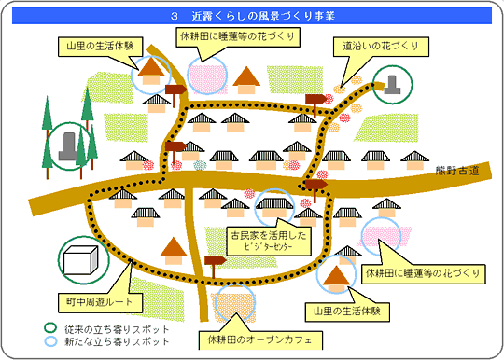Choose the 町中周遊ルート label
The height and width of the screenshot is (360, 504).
click(x=100, y=304)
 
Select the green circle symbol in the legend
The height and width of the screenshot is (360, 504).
click(x=51, y=328)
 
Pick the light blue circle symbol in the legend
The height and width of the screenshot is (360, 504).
click(x=51, y=342)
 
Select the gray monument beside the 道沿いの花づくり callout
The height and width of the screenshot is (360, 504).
click(x=394, y=85)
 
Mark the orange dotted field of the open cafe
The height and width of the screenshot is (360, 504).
click(x=235, y=303)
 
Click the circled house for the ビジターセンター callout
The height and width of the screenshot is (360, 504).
click(x=274, y=205)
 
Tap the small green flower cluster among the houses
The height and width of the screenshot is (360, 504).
click(x=199, y=165)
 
